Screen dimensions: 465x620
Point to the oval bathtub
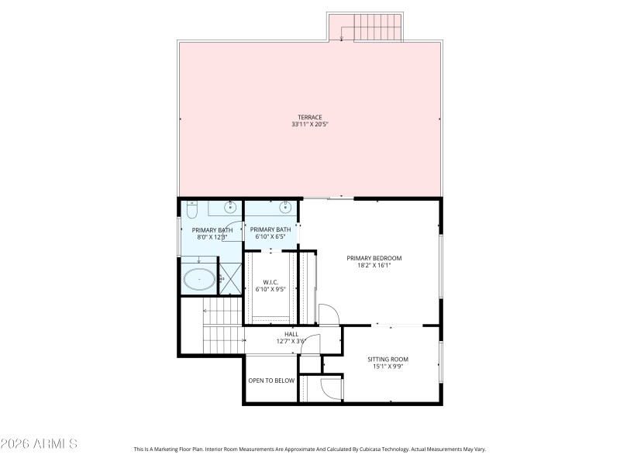(199, 279)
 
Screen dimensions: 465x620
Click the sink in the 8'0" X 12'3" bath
(230, 207)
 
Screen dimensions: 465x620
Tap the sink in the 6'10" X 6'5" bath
(285, 207)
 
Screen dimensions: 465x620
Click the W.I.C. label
(270, 282)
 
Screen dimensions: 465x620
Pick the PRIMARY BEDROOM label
(374, 258)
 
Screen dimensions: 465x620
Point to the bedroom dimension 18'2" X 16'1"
(374, 265)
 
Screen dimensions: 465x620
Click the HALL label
(291, 334)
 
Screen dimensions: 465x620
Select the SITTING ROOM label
(387, 360)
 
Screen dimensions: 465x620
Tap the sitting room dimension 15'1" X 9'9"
(387, 367)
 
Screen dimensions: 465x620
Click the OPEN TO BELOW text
(271, 381)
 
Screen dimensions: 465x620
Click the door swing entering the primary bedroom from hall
(329, 314)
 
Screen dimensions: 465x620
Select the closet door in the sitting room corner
(331, 387)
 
